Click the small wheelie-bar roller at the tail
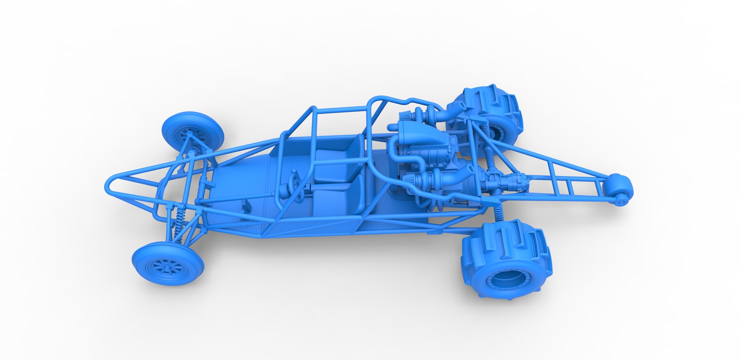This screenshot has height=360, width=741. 620,188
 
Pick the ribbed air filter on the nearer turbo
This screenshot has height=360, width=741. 411,180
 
